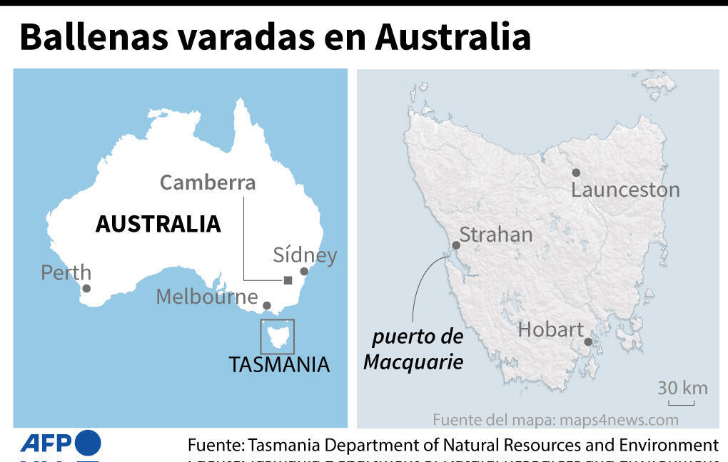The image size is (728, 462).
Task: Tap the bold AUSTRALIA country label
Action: (158, 224)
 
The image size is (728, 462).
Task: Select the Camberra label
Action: (207, 183)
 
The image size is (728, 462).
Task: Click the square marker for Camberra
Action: (288, 280)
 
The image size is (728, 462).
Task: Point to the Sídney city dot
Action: (304, 271)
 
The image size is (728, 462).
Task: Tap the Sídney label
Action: (305, 255)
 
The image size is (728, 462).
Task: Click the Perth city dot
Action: (86, 289)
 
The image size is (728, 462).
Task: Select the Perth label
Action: (66, 272)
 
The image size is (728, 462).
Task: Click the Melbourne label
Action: (207, 297)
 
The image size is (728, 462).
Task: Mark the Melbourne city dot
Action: (267, 306)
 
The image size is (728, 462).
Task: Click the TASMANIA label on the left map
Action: (279, 364)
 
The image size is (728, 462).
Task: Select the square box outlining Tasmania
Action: (277, 337)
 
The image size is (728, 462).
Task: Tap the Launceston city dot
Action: (576, 173)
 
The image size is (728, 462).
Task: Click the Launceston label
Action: (625, 190)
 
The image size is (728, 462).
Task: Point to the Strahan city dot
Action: (456, 245)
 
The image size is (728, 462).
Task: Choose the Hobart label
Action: (550, 329)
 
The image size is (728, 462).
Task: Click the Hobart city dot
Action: (588, 342)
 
